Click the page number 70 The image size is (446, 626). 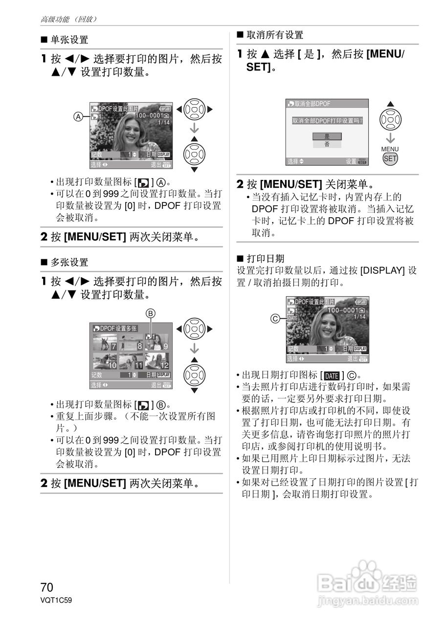point(47,587)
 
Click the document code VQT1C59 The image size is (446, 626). point(56,600)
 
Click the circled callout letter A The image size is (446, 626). point(77,116)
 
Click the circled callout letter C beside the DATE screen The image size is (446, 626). point(275,318)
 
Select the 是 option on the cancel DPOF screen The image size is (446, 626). point(327,136)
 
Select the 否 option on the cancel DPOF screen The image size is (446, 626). point(327,145)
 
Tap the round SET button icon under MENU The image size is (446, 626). point(390,158)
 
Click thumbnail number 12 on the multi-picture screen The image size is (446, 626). point(156,361)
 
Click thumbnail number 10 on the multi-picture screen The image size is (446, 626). point(105,361)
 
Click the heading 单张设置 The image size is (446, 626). point(69,40)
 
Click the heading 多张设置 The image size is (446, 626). point(69,263)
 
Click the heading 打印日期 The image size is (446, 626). point(266,258)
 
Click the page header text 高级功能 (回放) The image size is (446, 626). point(69,19)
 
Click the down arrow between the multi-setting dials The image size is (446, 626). point(195,348)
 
